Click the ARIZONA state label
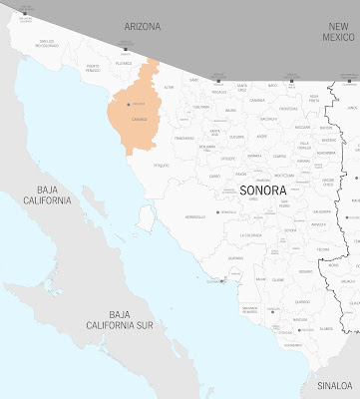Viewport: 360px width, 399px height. click(x=142, y=26)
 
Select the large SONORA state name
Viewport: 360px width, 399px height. click(x=262, y=190)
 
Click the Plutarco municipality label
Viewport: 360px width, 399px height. click(x=124, y=63)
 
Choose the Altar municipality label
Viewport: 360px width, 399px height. click(x=169, y=87)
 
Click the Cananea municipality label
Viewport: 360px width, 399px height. click(x=257, y=100)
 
